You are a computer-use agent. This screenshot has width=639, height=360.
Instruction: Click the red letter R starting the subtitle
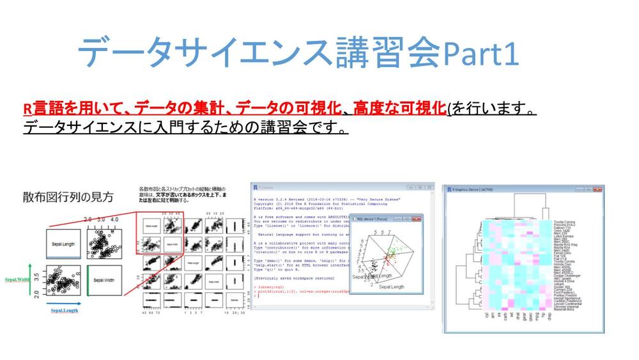pyautogui.click(x=27, y=109)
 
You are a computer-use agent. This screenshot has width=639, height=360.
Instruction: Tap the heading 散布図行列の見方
pyautogui.click(x=68, y=197)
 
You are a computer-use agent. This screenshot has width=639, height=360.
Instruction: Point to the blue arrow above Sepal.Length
pyautogui.click(x=64, y=302)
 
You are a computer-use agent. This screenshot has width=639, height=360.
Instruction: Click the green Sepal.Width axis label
pyautogui.click(x=17, y=279)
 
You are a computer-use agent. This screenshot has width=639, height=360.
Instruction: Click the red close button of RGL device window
pyautogui.click(x=418, y=218)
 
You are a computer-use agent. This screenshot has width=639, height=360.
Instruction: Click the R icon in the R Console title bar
pyautogui.click(x=256, y=187)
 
